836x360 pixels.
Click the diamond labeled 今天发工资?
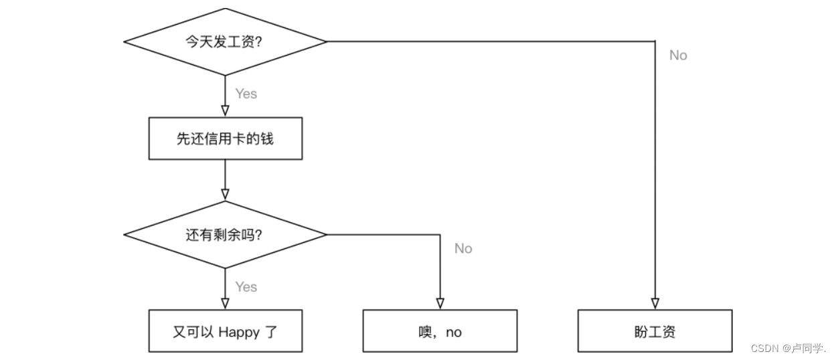225,41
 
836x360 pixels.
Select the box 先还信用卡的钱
225,139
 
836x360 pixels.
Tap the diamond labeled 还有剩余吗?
225,235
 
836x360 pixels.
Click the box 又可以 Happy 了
225,331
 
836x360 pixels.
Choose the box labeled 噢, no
440,331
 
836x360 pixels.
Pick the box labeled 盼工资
655,331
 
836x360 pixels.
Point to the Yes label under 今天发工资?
246,94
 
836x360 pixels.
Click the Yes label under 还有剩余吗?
246,286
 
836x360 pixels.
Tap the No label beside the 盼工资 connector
678,56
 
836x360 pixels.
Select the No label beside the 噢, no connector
463,248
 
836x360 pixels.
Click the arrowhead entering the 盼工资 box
655,304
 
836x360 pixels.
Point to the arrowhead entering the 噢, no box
440,304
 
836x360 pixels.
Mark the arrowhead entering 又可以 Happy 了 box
225,304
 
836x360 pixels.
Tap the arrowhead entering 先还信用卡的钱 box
225,112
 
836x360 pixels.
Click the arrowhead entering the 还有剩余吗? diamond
225,195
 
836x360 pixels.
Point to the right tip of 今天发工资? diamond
325,41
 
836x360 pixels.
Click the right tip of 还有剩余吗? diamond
325,235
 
